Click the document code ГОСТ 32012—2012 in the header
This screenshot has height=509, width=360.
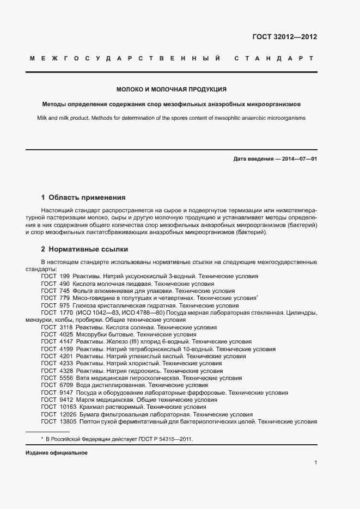tap(284, 37)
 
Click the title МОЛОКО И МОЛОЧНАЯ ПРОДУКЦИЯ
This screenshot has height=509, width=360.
tap(172, 89)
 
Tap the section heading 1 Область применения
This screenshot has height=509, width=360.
tap(83, 197)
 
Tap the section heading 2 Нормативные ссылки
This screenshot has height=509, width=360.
tap(84, 249)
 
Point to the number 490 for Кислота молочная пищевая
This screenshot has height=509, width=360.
tap(65, 284)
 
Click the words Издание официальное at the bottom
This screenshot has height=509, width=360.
tap(57, 453)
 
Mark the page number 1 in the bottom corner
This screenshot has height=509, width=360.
tap(315, 463)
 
